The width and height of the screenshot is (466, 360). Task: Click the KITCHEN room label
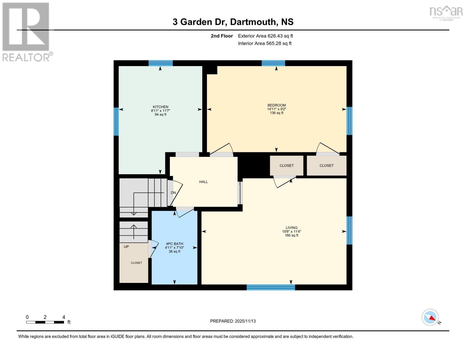point(161,107)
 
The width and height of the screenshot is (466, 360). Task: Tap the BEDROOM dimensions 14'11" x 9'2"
point(276,109)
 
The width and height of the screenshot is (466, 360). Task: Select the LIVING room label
point(291,228)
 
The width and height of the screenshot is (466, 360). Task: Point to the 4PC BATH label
point(174,244)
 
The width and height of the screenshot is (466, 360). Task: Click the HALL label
point(203,182)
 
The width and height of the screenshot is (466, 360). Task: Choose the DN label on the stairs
point(173,193)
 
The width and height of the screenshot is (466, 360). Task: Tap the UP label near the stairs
point(126,247)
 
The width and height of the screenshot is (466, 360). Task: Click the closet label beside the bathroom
point(136,263)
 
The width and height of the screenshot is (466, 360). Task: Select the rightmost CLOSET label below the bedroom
point(326,166)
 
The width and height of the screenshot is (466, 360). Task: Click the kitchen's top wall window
point(161,63)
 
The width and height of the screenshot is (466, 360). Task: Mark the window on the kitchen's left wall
point(116,121)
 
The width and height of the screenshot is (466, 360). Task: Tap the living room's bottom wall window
point(271,287)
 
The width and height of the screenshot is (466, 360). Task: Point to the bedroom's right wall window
point(349,121)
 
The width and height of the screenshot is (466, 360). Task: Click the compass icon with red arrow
point(430,317)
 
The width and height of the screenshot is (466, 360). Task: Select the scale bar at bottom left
point(45,322)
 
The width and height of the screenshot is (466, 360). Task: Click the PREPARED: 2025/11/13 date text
point(233,321)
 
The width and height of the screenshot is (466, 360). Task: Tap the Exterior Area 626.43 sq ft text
point(265,36)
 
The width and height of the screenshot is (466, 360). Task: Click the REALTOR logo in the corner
point(26,32)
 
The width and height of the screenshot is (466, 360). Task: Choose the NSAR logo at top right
point(446,13)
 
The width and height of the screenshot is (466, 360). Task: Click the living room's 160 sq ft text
point(291,235)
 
